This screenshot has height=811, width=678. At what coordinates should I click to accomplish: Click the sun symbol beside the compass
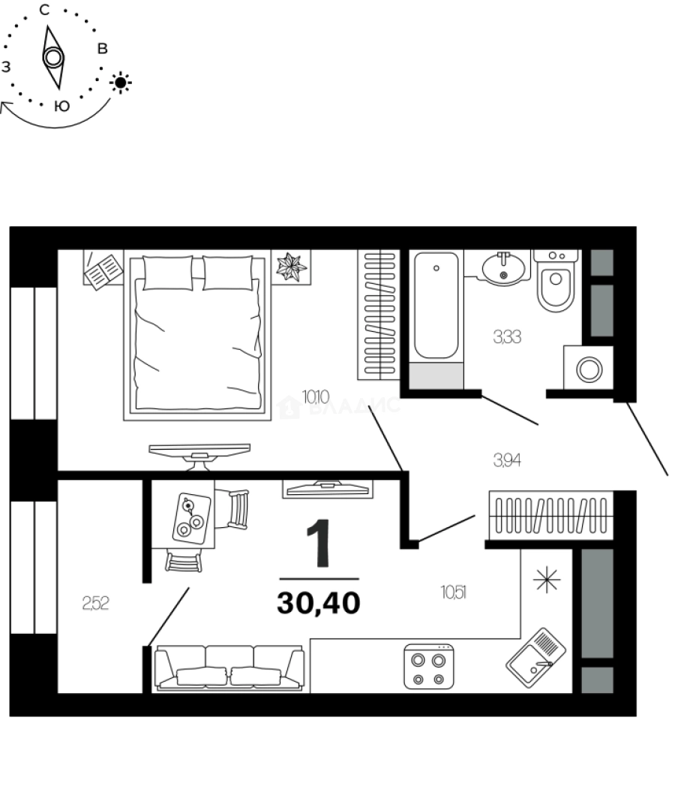click(121, 82)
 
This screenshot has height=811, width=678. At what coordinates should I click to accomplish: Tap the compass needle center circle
click(52, 57)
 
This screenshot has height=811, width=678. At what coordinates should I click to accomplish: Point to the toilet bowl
click(555, 286)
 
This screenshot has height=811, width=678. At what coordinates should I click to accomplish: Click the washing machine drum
click(589, 369)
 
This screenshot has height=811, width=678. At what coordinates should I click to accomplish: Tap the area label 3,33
click(506, 338)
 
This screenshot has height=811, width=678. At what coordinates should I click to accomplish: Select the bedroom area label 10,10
click(314, 396)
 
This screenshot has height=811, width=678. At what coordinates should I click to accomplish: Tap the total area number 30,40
click(319, 602)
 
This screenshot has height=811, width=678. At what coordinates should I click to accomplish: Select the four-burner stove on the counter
click(429, 667)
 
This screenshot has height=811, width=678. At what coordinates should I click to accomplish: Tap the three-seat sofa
click(229, 668)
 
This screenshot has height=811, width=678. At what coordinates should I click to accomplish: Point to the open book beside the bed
click(102, 270)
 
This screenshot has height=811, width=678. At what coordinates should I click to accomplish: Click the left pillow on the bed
click(167, 272)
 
